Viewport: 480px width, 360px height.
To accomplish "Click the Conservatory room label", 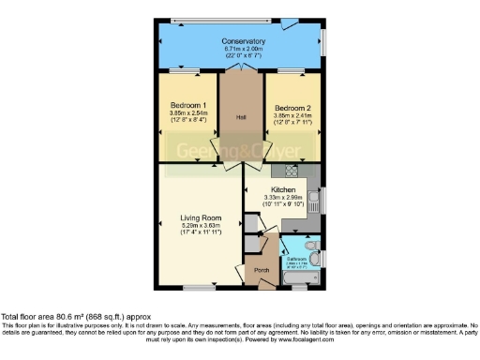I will [243, 42].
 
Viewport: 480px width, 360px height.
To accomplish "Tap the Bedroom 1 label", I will [189, 105].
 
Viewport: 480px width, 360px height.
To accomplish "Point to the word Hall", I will [241, 117].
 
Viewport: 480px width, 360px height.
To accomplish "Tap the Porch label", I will [262, 271].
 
